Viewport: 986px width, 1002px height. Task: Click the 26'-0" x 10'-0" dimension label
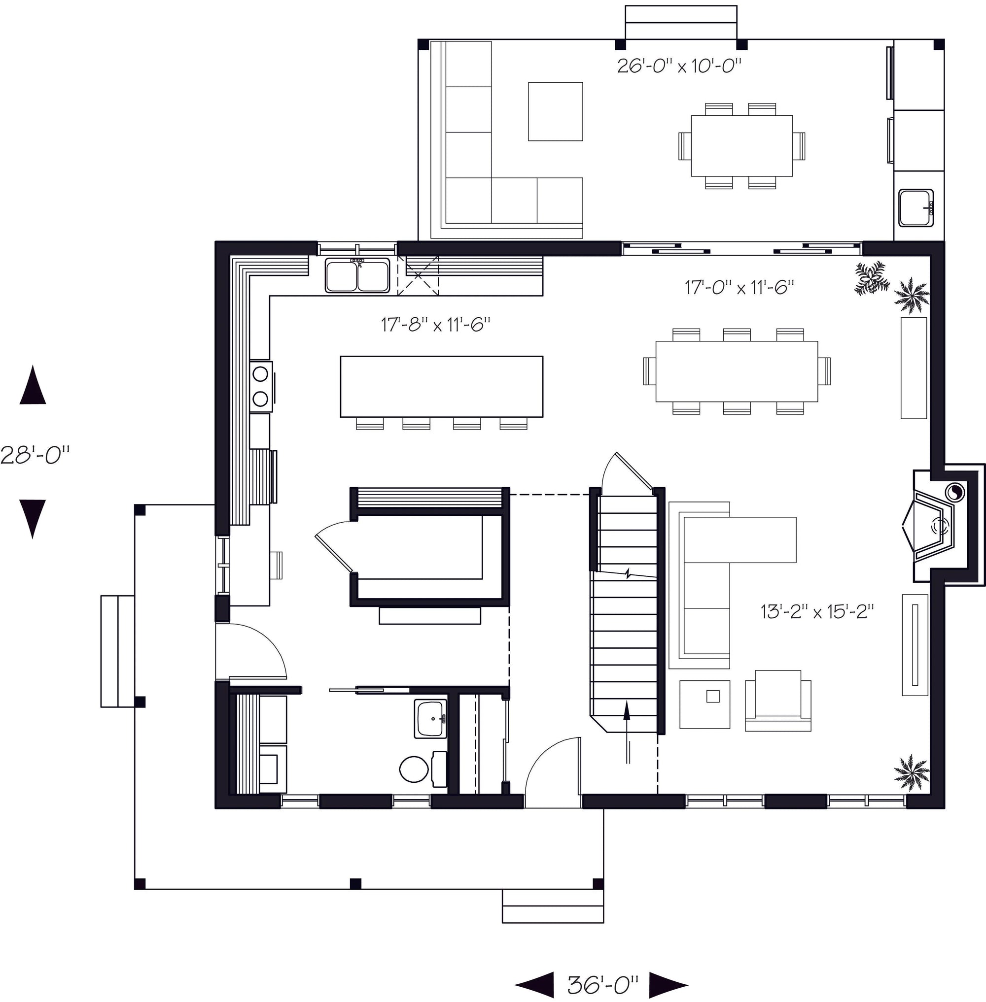click(679, 66)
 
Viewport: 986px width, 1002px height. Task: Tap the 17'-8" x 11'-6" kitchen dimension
click(435, 325)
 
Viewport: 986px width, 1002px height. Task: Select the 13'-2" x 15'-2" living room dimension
click(817, 612)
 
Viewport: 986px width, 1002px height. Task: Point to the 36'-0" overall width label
click(603, 985)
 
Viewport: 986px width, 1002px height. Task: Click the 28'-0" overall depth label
click(35, 456)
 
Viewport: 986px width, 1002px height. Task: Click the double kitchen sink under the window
click(357, 276)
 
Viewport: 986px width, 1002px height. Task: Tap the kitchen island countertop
click(441, 386)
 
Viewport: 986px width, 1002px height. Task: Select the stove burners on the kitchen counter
click(260, 386)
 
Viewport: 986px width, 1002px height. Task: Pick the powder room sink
click(430, 719)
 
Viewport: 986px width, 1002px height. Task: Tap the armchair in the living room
click(778, 701)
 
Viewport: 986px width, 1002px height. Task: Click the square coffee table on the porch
click(555, 111)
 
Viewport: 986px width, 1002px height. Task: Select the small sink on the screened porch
click(916, 207)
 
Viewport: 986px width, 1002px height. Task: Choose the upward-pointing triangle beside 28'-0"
click(33, 386)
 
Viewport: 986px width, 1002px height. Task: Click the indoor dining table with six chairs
click(737, 371)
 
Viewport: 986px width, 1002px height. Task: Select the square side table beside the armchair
click(705, 704)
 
